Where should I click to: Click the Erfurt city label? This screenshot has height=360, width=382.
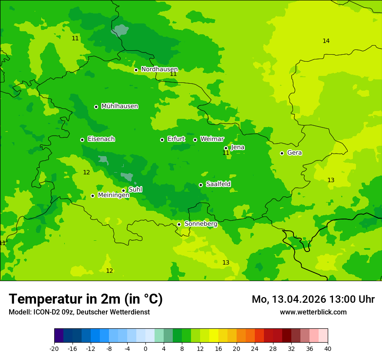[176, 139]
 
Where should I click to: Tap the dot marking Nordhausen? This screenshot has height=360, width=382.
[136, 70]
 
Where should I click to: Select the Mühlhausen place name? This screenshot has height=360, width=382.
[119, 106]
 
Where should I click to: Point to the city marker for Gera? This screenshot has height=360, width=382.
[282, 153]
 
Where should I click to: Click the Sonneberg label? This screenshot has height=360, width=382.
[201, 224]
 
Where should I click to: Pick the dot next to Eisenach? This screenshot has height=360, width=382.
[82, 140]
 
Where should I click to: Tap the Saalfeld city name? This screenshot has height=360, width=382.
[218, 184]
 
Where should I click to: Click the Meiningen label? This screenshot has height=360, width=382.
[113, 196]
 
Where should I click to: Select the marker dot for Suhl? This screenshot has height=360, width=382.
[123, 190]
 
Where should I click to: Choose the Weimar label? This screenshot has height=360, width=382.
[212, 139]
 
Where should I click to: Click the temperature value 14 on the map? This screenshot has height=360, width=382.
[326, 41]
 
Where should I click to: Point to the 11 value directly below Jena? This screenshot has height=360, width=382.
[226, 153]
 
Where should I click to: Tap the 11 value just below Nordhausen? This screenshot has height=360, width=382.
[173, 74]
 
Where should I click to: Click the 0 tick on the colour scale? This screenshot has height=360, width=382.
[145, 349]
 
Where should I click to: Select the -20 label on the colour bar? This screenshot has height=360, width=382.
[54, 349]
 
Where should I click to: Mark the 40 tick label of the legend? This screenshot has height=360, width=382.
[328, 349]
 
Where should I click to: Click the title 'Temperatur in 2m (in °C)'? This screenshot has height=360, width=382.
[86, 299]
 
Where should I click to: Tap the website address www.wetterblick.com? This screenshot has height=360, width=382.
[313, 312]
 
